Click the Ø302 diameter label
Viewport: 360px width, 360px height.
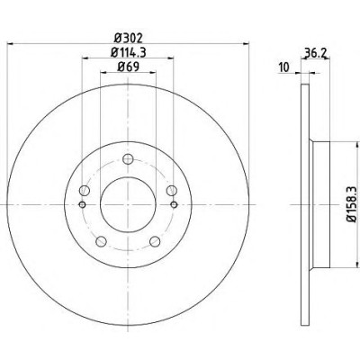[x=129, y=38]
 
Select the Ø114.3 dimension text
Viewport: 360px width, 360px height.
[x=129, y=52]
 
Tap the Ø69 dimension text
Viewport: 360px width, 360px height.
[x=128, y=67]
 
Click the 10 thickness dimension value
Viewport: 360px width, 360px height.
[x=283, y=67]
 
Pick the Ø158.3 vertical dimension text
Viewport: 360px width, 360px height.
[x=351, y=204]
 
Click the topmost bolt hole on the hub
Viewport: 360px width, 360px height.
[x=128, y=158]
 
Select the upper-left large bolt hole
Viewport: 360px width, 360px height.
[x=85, y=190]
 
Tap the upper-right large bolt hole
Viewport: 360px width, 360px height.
[x=172, y=190]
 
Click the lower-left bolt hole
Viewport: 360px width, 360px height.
[x=101, y=241]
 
